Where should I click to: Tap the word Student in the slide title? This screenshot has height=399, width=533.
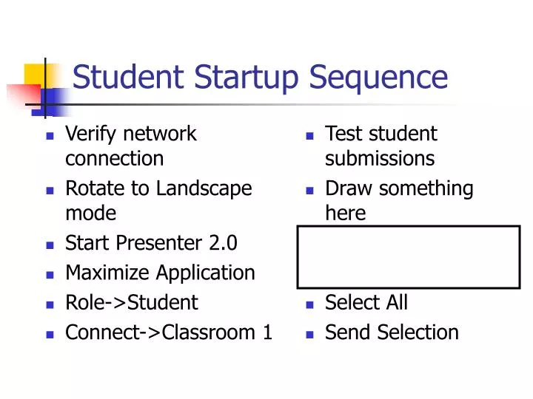point(128,77)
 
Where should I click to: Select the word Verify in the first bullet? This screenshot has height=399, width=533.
point(92,134)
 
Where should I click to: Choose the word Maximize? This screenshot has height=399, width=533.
point(107,273)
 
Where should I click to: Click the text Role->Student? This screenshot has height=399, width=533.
point(132,302)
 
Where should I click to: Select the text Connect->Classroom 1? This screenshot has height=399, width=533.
point(169,332)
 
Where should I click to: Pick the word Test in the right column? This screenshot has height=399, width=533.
point(344,134)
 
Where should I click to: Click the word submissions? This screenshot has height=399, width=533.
point(380,159)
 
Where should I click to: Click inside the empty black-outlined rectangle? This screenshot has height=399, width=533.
point(409,257)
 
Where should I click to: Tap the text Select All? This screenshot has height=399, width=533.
point(366,302)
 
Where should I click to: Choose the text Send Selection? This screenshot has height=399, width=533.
point(392,332)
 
